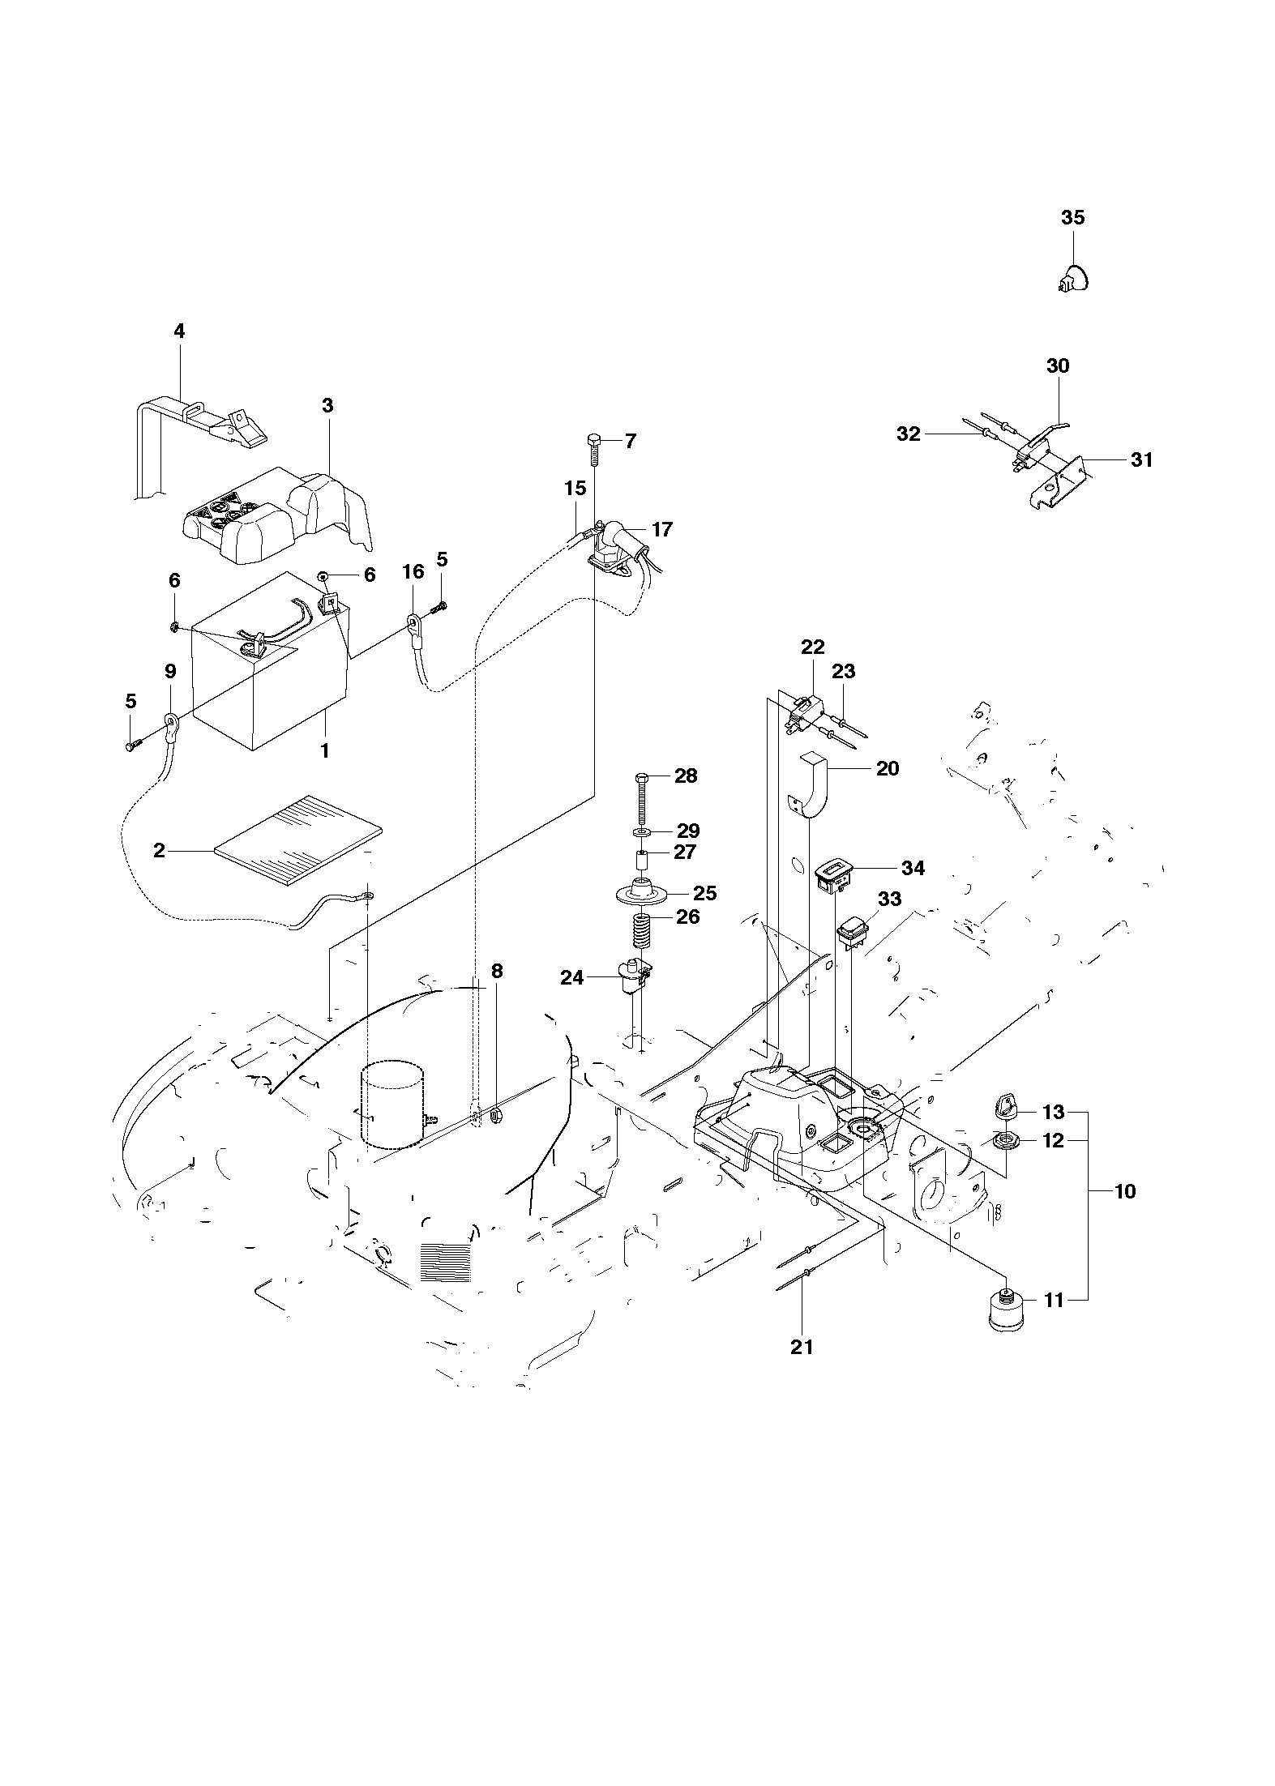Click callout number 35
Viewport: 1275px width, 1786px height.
click(1072, 218)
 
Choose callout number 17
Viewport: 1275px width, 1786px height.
click(662, 529)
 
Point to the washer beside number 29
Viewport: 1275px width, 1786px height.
click(640, 832)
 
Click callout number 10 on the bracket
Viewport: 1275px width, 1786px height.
click(1125, 1192)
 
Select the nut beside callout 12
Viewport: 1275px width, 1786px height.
click(1008, 1141)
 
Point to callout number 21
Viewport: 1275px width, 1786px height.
click(801, 1347)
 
